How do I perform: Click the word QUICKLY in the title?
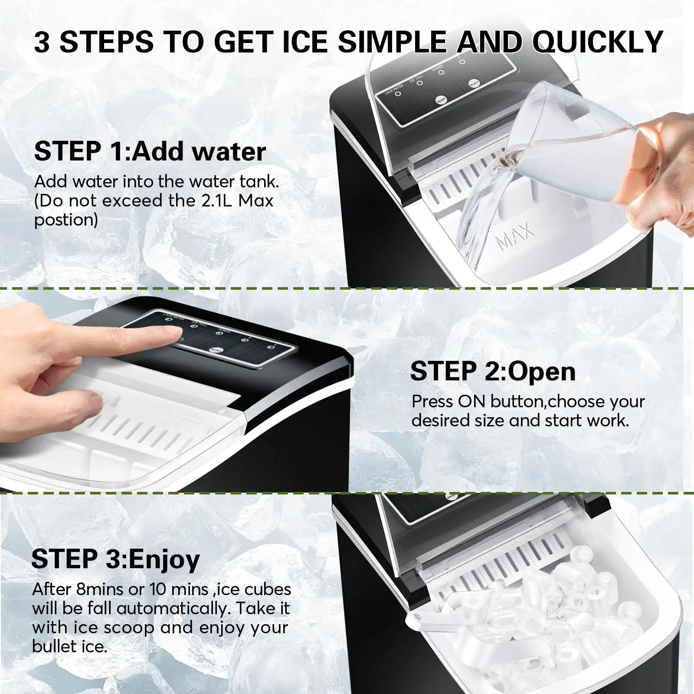pos(598,42)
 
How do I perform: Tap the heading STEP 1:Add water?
pos(150,151)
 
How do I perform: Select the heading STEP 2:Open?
pos(493,372)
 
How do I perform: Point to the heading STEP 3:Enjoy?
pos(115,559)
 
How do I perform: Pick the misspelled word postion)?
pos(66,220)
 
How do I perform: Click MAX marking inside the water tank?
pos(515,236)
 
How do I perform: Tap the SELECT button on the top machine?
pos(474,83)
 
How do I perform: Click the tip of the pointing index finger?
pos(176,333)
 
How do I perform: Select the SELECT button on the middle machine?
pos(216,350)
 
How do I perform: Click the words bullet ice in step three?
pos(69,647)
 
